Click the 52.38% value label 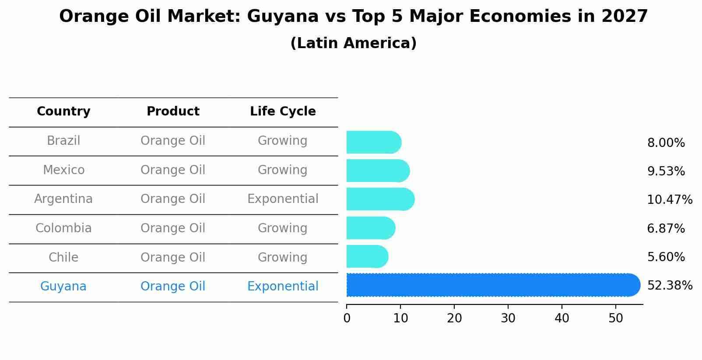click(670, 286)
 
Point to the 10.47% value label click(670, 200)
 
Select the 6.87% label click(666, 228)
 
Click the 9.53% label click(666, 171)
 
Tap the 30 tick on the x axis click(508, 318)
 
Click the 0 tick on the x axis click(347, 318)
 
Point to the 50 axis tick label click(616, 318)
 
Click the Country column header click(63, 112)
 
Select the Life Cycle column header click(283, 112)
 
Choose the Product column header click(173, 112)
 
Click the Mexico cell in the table click(63, 170)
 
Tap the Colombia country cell click(63, 228)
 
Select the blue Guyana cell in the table click(63, 287)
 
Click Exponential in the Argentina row click(283, 199)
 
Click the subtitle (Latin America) click(353, 43)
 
